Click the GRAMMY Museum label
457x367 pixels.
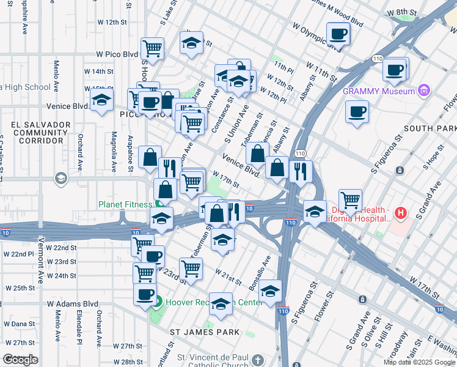[378, 92]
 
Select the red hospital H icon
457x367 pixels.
[400, 213]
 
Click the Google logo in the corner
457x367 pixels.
[20, 360]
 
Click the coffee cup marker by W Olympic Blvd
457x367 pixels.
[338, 35]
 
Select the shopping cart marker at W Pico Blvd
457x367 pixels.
[152, 49]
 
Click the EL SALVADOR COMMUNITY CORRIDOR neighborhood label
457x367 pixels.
[37, 132]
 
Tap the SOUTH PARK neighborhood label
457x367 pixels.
[430, 128]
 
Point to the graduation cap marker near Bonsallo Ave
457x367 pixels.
[270, 292]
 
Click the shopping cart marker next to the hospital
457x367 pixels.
[350, 201]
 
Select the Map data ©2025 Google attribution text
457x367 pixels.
[419, 362]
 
